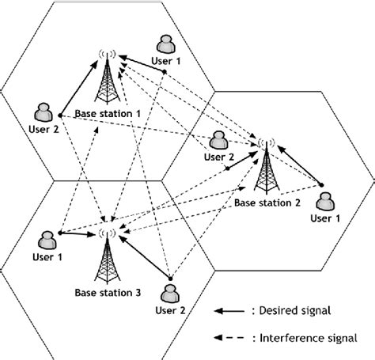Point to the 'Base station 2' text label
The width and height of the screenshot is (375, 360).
[x=267, y=203]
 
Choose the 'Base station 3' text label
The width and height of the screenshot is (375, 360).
[x=108, y=292]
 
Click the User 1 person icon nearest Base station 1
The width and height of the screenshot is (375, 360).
[x=166, y=43]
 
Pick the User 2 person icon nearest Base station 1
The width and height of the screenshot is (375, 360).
[x=43, y=111]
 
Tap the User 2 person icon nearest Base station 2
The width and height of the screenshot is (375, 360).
[x=218, y=140]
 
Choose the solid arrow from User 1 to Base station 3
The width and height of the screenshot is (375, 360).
[x=78, y=233]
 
